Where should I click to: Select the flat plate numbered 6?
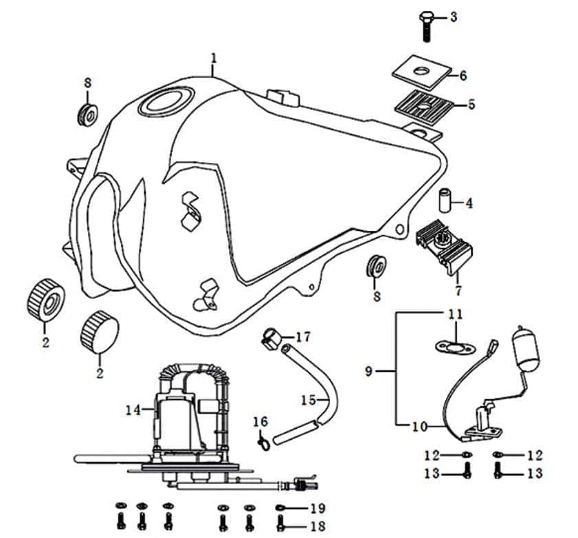[x=421, y=69]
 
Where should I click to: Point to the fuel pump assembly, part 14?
[x=186, y=419]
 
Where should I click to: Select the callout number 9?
[x=370, y=372]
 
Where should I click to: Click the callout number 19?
[x=316, y=509]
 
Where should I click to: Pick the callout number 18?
[x=316, y=527]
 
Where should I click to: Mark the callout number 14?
[x=133, y=410]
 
